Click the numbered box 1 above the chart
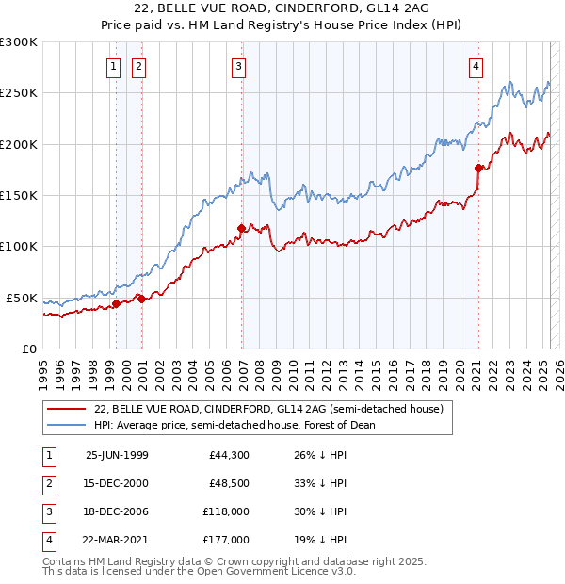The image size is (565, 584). pyautogui.click(x=113, y=66)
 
